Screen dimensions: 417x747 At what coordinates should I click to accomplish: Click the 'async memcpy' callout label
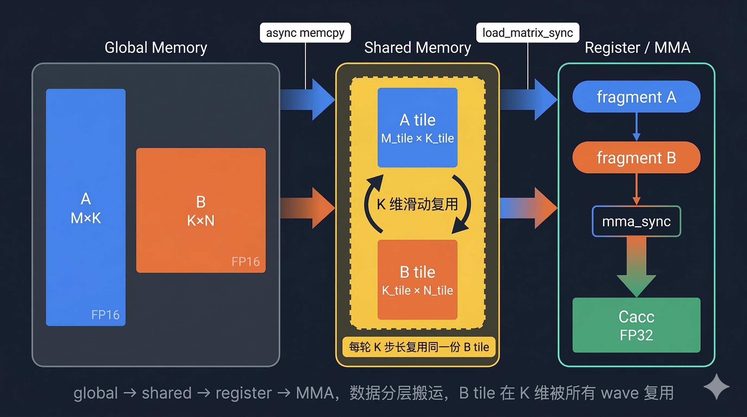[x=305, y=33]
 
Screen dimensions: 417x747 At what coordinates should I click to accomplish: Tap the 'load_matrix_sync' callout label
[x=527, y=33]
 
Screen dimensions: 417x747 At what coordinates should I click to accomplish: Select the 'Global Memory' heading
[x=156, y=48]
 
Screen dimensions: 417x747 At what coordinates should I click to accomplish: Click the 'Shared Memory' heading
[x=417, y=48]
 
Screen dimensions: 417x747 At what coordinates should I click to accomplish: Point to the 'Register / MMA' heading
[x=637, y=48]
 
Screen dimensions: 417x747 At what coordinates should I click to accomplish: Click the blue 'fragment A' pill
[x=636, y=97]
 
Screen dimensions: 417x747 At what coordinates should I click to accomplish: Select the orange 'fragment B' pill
[x=636, y=158]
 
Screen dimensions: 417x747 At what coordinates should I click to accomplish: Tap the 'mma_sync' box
[x=636, y=222]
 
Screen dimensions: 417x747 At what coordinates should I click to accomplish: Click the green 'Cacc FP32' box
[x=636, y=325]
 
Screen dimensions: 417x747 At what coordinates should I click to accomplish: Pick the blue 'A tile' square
[x=417, y=128]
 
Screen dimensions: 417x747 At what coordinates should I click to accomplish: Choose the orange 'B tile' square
[x=417, y=280]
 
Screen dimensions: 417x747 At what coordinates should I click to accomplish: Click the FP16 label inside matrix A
[x=105, y=315]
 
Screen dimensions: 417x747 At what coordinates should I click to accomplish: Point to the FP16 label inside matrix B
[x=245, y=261]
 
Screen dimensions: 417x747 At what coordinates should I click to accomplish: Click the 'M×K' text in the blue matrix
[x=86, y=218]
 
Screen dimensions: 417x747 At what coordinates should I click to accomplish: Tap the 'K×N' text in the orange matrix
[x=201, y=221]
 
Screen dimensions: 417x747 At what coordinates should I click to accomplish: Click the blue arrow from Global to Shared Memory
[x=307, y=99]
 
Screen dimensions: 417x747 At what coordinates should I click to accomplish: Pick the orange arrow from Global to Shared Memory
[x=307, y=208]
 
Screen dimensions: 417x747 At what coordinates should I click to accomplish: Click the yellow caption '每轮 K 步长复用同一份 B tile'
[x=419, y=347]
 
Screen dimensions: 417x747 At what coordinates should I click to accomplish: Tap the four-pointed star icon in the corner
[x=716, y=387]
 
